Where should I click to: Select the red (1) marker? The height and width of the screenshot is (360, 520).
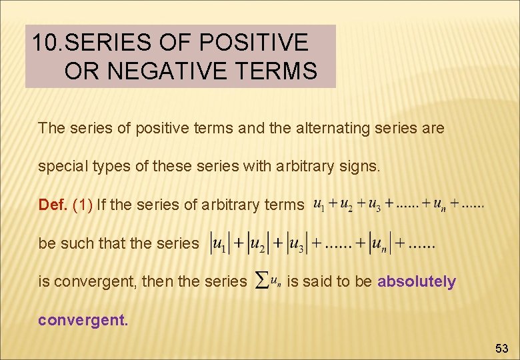pyautogui.click(x=82, y=205)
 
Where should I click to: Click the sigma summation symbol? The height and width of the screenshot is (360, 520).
pyautogui.click(x=262, y=282)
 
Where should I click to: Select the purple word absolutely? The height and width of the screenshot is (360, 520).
pyautogui.click(x=416, y=282)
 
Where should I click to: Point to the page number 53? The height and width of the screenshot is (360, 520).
pyautogui.click(x=501, y=348)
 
